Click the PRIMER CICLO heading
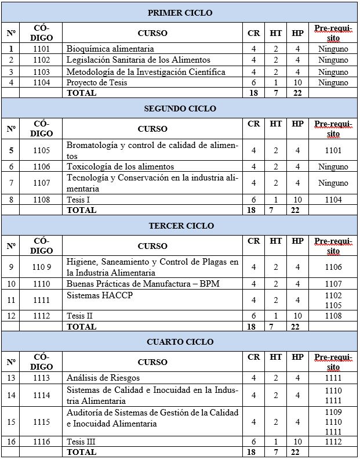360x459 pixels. coord(180,12)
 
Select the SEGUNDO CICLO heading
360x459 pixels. coord(180,109)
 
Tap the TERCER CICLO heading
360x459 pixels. coord(180,225)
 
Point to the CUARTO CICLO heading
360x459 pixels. coord(180,342)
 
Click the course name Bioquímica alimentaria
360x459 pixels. coord(110,49)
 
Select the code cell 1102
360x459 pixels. coord(41,60)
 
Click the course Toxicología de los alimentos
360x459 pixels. coord(120,167)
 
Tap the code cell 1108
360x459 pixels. coord(41,200)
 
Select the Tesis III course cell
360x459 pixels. coord(81,441)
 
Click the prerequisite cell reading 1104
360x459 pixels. coord(333,200)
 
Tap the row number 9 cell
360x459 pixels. coord(11,267)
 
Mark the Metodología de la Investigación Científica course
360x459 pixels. coord(146,71)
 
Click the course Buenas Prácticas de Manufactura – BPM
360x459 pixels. coord(143,283)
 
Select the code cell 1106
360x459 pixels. coord(41,167)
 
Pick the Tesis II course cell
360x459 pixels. coord(80,316)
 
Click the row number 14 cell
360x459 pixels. coord(11,395)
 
